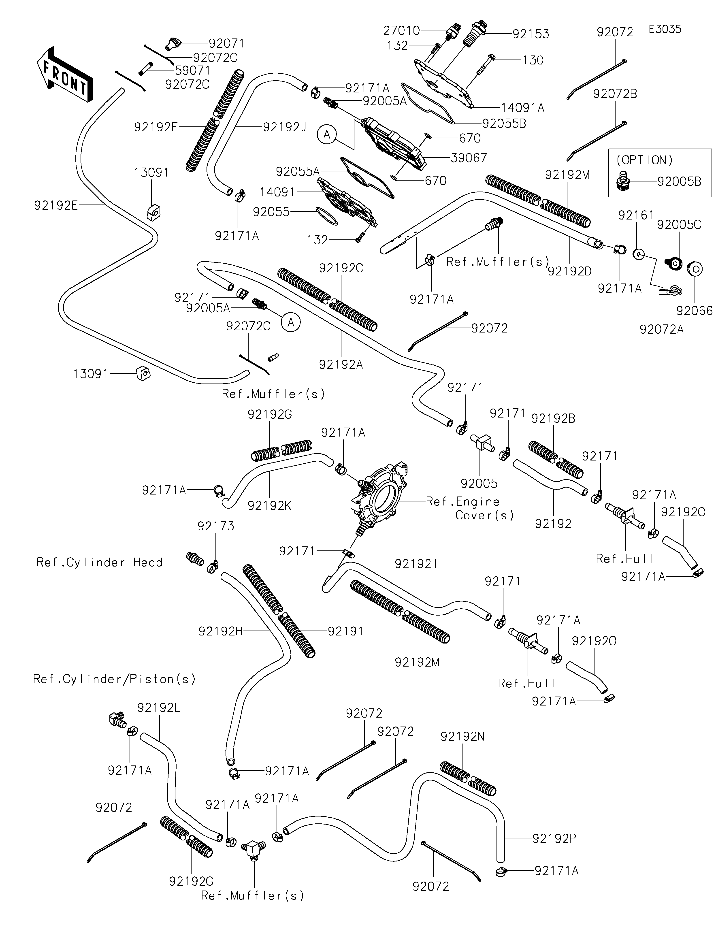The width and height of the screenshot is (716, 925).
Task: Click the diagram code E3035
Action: coord(665,29)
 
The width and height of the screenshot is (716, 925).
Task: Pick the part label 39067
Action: coord(469,158)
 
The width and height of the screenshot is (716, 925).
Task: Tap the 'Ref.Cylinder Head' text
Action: coord(100,563)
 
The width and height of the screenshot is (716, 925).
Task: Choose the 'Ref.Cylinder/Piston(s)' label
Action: coord(114,679)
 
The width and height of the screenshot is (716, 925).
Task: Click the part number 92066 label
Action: coord(694,311)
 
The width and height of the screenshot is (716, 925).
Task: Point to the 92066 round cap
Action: coord(694,269)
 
